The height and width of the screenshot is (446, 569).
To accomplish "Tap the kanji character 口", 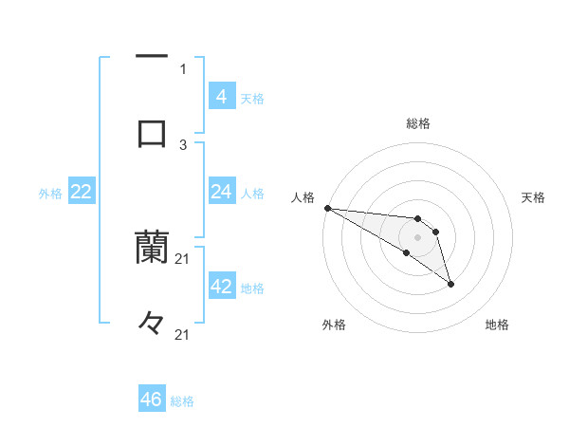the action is point(152,133).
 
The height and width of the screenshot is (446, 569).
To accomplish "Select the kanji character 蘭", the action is point(152,247).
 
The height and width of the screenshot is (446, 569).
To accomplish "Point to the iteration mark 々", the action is point(152,323).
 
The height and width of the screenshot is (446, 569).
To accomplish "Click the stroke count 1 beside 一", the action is point(183,68).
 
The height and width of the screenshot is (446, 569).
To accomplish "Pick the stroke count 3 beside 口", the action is point(183,144).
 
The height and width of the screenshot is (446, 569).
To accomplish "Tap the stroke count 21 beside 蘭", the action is point(183,258).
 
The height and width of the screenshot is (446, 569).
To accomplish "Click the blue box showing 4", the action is point(221,96).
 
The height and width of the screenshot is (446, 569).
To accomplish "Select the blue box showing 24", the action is point(221,192).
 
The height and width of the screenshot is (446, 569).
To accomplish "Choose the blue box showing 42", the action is point(221,287).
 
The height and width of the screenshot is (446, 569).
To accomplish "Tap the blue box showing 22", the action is point(82,192).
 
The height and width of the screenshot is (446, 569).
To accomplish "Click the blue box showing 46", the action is point(152,400).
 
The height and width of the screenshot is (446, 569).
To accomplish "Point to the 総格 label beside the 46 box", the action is point(182,401).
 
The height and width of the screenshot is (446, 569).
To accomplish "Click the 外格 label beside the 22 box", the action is point(50,194).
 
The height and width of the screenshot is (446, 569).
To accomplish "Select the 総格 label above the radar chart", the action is point(417,123).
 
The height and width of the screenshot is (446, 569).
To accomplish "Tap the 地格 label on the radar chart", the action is point(497,325).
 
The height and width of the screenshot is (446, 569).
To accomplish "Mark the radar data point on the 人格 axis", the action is point(326,207).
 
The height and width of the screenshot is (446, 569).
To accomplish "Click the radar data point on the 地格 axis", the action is point(450,284).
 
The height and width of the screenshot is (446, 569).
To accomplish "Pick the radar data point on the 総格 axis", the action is point(417,220).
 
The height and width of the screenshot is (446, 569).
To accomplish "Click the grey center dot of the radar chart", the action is point(417,237).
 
